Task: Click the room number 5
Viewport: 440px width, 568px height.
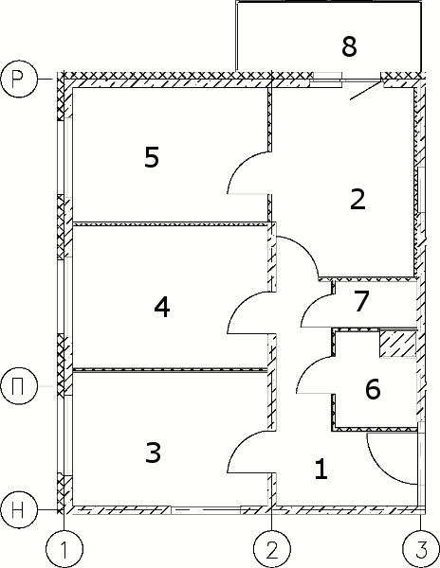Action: [152, 157]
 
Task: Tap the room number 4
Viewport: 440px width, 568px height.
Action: [162, 308]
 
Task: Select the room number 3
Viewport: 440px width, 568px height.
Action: [153, 453]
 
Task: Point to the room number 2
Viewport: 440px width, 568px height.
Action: [357, 199]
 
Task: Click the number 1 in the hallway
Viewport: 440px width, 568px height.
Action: [321, 469]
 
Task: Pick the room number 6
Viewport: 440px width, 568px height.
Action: [373, 389]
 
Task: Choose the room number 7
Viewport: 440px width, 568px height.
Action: [361, 301]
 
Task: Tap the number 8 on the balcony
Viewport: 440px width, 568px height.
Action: [349, 46]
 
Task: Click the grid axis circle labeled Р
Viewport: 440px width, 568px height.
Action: [19, 79]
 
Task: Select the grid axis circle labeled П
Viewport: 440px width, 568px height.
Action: [19, 386]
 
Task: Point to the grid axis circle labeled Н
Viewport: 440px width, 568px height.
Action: [19, 510]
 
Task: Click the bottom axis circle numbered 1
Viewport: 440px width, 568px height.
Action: [64, 549]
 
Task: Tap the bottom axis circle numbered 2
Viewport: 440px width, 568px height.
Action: [272, 549]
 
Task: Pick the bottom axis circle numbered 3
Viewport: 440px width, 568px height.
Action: [421, 549]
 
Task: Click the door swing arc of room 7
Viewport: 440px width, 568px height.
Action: [309, 303]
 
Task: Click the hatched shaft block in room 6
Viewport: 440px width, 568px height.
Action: [397, 344]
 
